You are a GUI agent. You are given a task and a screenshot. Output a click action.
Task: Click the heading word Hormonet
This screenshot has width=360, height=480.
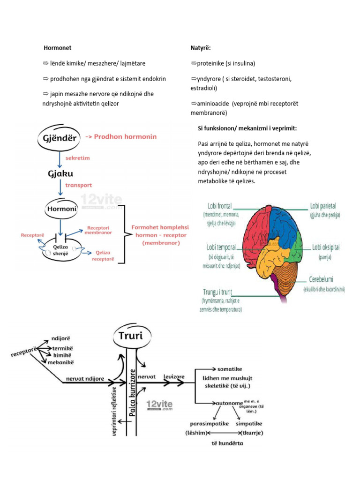coord(57,48)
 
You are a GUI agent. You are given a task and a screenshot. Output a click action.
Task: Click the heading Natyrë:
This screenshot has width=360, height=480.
coord(201,48)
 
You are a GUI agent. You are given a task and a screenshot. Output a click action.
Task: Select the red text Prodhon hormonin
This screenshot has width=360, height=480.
coord(125,136)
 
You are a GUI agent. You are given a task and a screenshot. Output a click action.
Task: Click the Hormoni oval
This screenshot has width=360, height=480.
coord(60,207)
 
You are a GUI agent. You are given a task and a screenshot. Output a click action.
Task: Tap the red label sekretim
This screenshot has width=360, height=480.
coord(78,158)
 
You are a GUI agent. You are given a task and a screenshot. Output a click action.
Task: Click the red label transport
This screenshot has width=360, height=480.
coord(79,185)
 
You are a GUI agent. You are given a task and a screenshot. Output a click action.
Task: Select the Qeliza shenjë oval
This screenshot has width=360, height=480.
coord(61,248)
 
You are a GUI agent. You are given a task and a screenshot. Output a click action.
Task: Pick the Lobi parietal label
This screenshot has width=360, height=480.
coord(323,206)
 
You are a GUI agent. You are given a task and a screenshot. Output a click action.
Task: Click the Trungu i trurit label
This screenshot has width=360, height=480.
coord(217,292)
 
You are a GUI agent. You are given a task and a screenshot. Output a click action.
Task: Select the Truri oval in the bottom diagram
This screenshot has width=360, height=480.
coord(128,336)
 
